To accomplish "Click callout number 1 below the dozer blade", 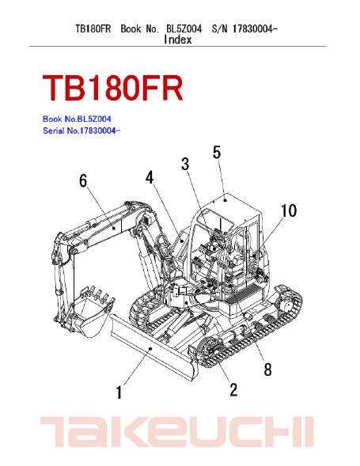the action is (x=119, y=392).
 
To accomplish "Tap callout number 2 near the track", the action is (x=233, y=389).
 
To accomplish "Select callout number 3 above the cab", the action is (x=185, y=164).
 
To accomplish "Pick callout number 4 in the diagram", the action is (x=150, y=177).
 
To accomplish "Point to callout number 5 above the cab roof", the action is (x=217, y=152).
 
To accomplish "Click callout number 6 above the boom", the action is (x=83, y=180).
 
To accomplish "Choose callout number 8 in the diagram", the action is (x=267, y=369).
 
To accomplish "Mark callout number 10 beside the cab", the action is (x=289, y=210).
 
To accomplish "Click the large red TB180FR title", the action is (x=112, y=89).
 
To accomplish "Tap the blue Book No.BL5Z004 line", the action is (x=77, y=119).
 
